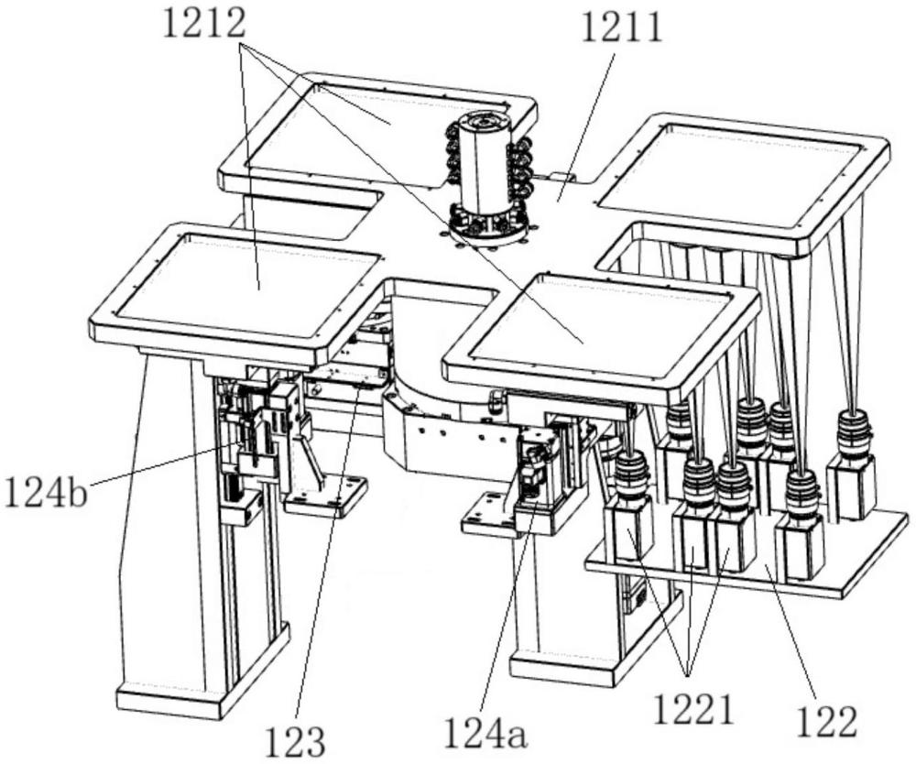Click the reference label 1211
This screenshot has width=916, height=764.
tap(620, 30)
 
